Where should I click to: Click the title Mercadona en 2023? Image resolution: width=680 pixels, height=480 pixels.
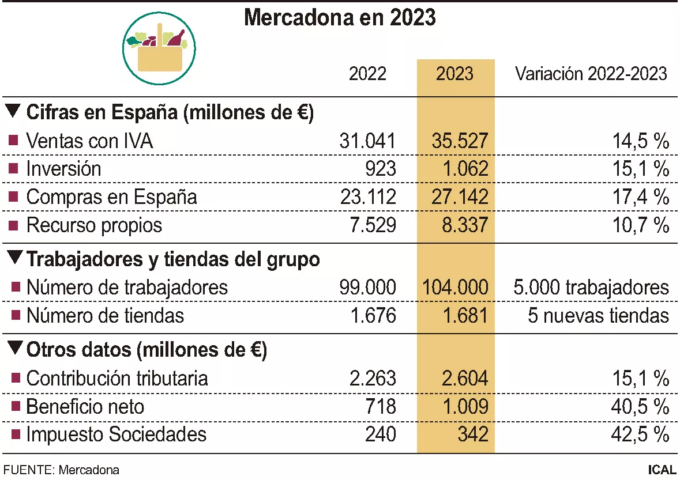340,18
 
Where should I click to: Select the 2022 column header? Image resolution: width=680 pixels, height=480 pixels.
367,74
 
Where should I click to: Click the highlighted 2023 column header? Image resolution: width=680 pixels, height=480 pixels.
455,74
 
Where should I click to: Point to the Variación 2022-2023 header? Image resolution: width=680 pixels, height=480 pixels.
591,74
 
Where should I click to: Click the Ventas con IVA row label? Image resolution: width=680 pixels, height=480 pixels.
89,141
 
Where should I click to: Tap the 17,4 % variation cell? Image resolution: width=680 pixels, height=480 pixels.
640,197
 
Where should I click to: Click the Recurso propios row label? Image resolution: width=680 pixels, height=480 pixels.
94,225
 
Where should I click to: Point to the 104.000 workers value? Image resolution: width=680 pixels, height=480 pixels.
455,287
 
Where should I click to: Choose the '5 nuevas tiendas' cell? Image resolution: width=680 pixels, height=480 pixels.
598,316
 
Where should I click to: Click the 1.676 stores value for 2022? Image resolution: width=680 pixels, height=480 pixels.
372,316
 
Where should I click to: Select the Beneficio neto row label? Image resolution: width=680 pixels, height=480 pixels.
85,407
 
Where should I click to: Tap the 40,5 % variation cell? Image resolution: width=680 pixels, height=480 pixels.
640,407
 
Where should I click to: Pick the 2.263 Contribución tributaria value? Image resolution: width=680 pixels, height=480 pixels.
372,379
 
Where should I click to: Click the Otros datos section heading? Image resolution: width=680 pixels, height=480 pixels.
146,349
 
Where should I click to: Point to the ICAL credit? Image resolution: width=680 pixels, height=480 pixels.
662,470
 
